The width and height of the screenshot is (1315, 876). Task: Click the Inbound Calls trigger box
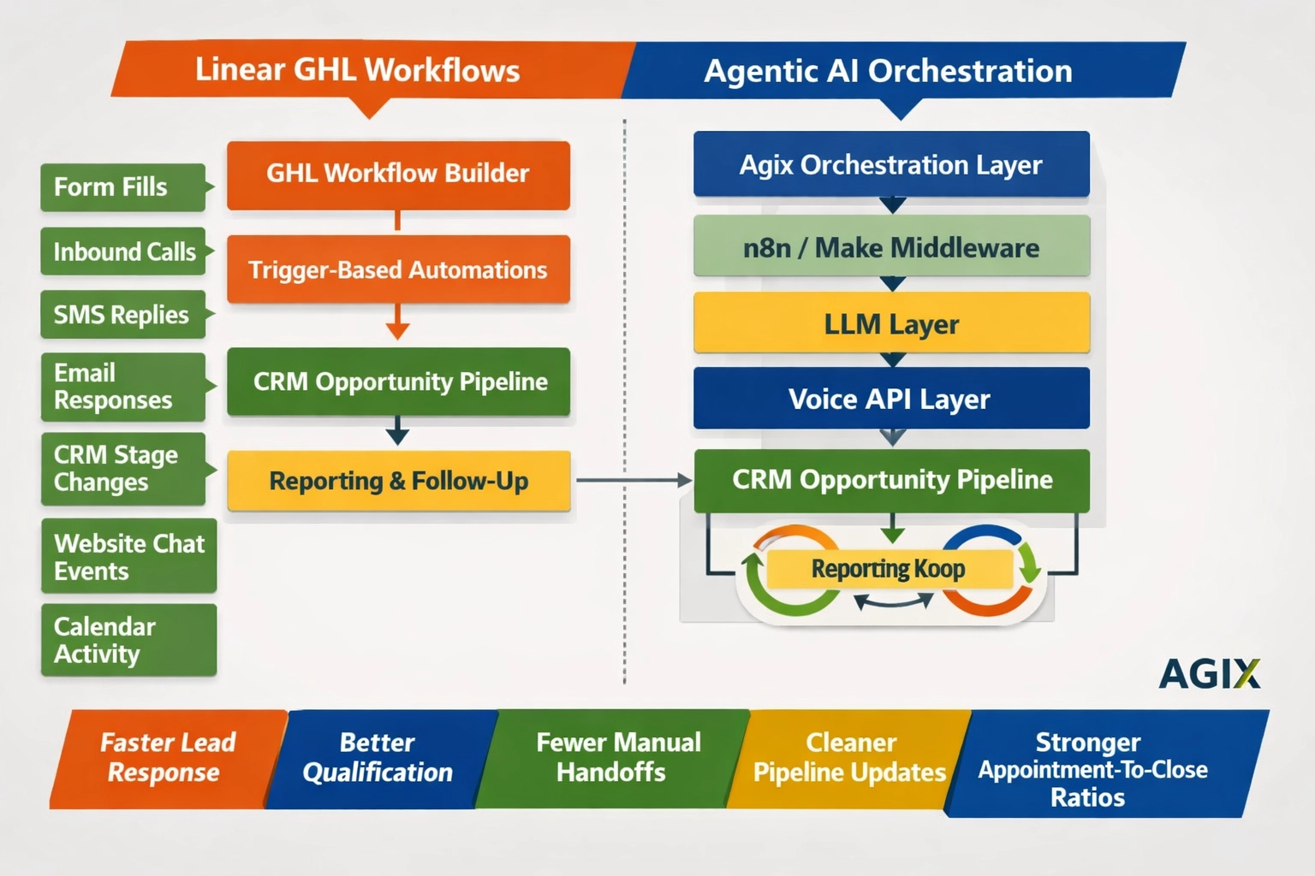(123, 252)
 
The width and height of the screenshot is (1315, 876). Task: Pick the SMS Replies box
(122, 315)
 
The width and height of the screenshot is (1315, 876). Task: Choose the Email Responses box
(122, 387)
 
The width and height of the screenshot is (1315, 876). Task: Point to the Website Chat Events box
(128, 556)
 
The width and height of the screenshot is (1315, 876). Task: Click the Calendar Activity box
(128, 640)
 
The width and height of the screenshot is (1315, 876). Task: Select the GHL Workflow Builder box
(398, 175)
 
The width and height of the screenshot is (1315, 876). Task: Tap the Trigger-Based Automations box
(398, 269)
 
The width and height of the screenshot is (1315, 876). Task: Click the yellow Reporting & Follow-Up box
(398, 481)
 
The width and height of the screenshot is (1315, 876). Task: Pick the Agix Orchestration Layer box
(891, 164)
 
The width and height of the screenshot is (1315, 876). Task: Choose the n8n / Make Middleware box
(891, 247)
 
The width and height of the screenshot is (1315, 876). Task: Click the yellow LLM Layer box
(891, 323)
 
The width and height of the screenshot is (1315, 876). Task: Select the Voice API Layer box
(891, 399)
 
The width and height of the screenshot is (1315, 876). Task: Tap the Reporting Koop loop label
(889, 569)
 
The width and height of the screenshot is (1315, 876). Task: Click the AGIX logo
(1209, 674)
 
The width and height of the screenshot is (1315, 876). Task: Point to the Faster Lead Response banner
(167, 758)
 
